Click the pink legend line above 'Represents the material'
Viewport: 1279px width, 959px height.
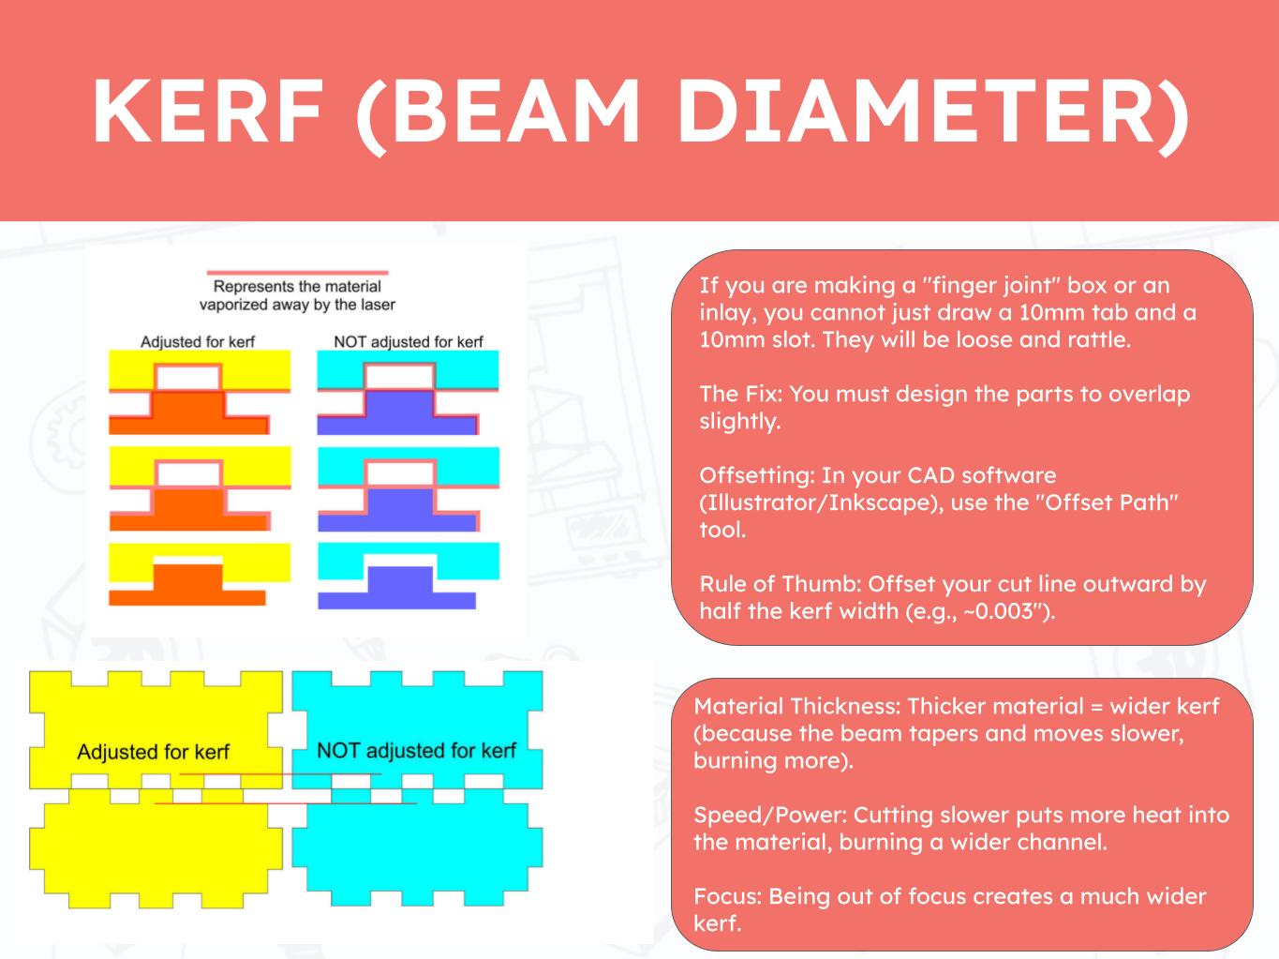pos(297,272)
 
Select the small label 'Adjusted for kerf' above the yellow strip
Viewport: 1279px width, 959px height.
pos(198,341)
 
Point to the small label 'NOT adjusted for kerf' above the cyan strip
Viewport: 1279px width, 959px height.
pos(408,341)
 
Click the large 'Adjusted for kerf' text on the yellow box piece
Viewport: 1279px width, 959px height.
pos(154,752)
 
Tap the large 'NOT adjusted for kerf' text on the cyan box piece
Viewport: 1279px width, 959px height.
pos(416,750)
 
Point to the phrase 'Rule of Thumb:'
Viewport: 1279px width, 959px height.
pos(779,584)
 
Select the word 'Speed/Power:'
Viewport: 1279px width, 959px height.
pos(769,815)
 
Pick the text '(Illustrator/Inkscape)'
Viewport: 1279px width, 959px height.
pos(821,503)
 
